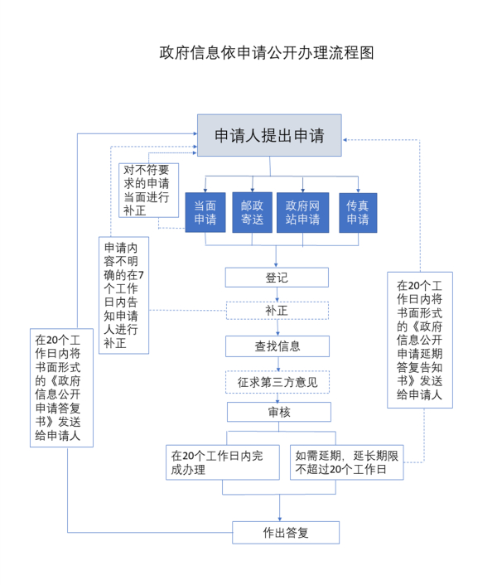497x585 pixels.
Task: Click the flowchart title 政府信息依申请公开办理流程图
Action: coord(267,53)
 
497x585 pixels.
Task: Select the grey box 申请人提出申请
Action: coord(268,136)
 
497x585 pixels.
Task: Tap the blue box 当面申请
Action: coord(205,212)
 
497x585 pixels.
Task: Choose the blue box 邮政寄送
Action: coord(252,212)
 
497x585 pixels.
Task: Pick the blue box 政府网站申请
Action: coord(302,212)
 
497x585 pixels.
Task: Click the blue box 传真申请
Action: coord(358,212)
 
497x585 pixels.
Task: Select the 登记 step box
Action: coord(277,278)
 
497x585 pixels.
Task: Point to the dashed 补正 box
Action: coord(277,311)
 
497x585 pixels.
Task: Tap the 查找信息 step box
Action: coord(277,346)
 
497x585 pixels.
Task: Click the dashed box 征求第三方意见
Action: coord(277,382)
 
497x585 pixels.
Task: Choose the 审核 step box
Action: coord(278,412)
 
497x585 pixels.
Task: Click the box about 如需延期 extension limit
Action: coord(347,462)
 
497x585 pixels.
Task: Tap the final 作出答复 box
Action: coord(285,532)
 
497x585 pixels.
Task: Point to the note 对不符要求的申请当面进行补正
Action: coord(147,190)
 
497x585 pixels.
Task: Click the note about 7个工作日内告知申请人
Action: coord(123,295)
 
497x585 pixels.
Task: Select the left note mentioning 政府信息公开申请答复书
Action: coord(58,388)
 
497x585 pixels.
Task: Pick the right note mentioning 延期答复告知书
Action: coord(419,340)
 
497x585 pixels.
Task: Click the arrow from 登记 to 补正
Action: coord(277,294)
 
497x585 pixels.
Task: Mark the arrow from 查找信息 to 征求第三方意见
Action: coord(277,364)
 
